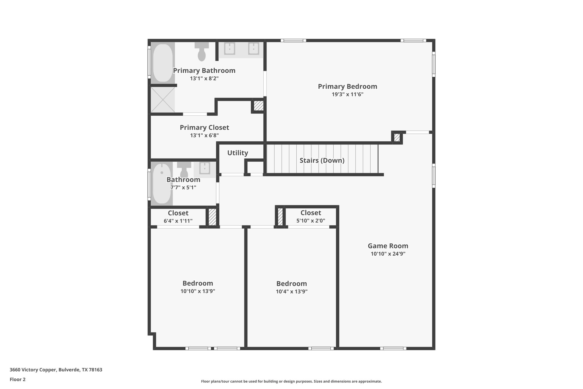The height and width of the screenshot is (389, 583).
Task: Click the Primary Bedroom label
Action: click(x=347, y=87)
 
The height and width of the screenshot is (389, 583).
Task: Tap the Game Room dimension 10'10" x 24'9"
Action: click(x=388, y=254)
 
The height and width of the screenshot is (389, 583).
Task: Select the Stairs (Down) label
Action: click(x=322, y=160)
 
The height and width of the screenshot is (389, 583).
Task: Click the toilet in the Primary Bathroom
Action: click(x=202, y=52)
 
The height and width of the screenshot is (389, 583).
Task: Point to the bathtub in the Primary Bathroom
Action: click(x=163, y=63)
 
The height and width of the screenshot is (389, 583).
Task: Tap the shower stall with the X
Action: click(x=163, y=100)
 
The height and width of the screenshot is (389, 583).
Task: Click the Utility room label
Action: click(x=238, y=153)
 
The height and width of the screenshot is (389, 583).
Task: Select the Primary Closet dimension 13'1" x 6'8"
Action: click(x=204, y=135)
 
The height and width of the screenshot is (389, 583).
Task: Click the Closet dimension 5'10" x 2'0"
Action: click(x=311, y=221)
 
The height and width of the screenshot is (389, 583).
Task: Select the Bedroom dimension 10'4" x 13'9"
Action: click(x=292, y=292)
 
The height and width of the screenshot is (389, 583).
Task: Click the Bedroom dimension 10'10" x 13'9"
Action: click(x=198, y=291)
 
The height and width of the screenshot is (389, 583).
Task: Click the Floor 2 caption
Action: click(x=18, y=379)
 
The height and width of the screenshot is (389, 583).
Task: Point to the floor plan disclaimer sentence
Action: click(x=291, y=381)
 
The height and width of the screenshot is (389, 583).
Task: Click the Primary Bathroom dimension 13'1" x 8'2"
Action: click(x=204, y=78)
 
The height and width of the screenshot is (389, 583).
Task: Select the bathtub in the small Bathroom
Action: click(x=162, y=184)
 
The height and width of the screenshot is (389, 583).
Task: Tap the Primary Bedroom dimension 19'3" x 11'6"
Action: click(x=348, y=94)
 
